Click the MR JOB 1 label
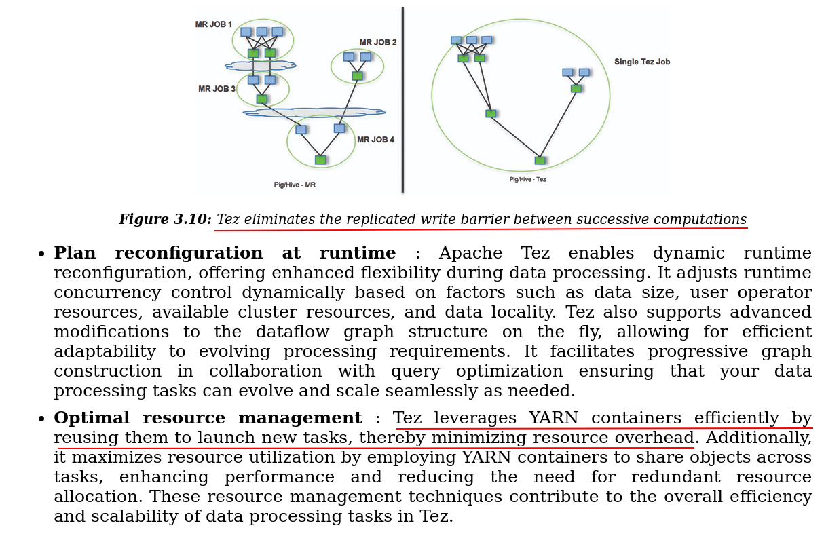tap(213, 24)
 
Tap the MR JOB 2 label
tap(378, 42)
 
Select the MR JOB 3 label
tap(217, 89)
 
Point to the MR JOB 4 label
tap(375, 140)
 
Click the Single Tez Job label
tap(641, 62)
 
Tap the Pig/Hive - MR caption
tap(295, 185)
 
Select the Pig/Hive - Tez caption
tap(527, 180)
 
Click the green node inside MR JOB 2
tap(357, 75)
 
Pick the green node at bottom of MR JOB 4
tap(320, 160)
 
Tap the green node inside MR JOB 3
tap(261, 99)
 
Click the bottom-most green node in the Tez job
tap(540, 161)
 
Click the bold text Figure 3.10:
tap(165, 220)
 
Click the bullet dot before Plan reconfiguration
tap(41, 254)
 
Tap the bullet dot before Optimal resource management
tap(41, 419)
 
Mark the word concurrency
tap(107, 293)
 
